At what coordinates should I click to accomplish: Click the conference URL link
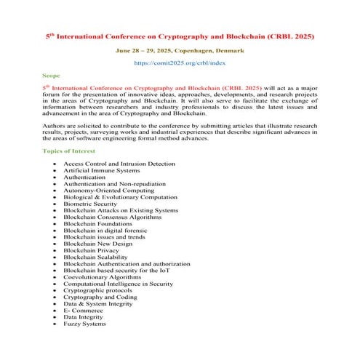click(180, 64)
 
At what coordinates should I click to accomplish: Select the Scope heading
click(51, 74)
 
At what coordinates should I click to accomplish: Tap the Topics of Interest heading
click(72, 151)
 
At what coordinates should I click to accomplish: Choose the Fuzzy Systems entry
click(84, 324)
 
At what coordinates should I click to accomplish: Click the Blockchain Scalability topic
click(95, 257)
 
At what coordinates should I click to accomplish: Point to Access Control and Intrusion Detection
click(119, 164)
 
